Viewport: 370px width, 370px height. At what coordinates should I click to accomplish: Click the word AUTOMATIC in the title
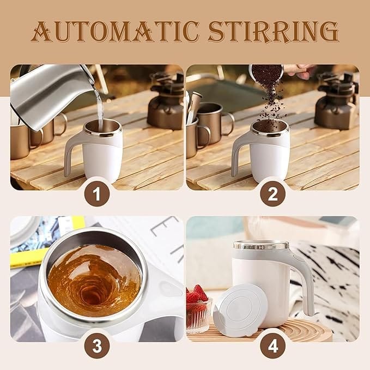click(115, 32)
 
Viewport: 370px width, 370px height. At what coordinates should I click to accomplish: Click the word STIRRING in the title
click(274, 32)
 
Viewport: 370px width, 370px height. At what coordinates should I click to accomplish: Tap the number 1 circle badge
click(97, 195)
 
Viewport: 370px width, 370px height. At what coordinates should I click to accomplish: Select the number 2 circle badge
click(273, 195)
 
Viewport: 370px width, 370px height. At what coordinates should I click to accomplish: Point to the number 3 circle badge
click(97, 347)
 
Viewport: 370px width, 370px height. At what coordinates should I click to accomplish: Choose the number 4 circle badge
click(273, 347)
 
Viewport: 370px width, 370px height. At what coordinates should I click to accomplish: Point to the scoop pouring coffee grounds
click(266, 73)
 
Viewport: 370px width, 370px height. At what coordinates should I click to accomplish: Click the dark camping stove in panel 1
click(166, 104)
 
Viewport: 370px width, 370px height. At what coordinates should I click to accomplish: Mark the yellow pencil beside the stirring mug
click(28, 258)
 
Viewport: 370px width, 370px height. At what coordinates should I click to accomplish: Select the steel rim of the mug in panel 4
click(261, 245)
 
